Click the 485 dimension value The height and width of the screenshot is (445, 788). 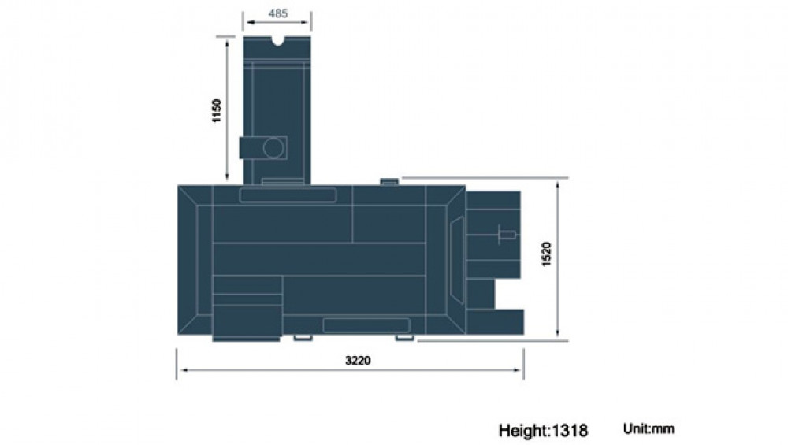point(278,13)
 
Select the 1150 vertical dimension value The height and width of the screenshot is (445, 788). point(217,110)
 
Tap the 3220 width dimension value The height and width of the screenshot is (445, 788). point(358,360)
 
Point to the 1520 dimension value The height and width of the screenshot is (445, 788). point(547,254)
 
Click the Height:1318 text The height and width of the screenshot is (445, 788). point(543,431)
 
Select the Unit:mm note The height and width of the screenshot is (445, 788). point(649,429)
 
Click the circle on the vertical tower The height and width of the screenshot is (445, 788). point(273,148)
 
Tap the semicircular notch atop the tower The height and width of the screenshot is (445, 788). point(277,40)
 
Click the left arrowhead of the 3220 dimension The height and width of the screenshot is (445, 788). point(184,370)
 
